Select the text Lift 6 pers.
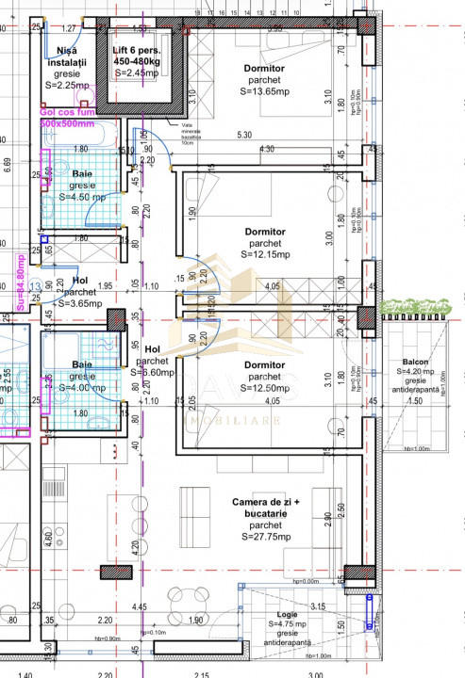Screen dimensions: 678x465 141,50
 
